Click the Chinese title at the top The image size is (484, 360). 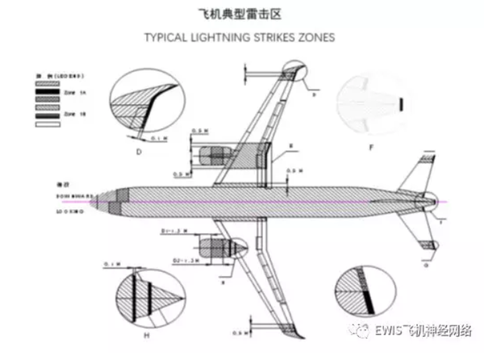pos(241,14)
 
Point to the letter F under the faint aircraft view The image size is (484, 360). pos(369,148)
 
